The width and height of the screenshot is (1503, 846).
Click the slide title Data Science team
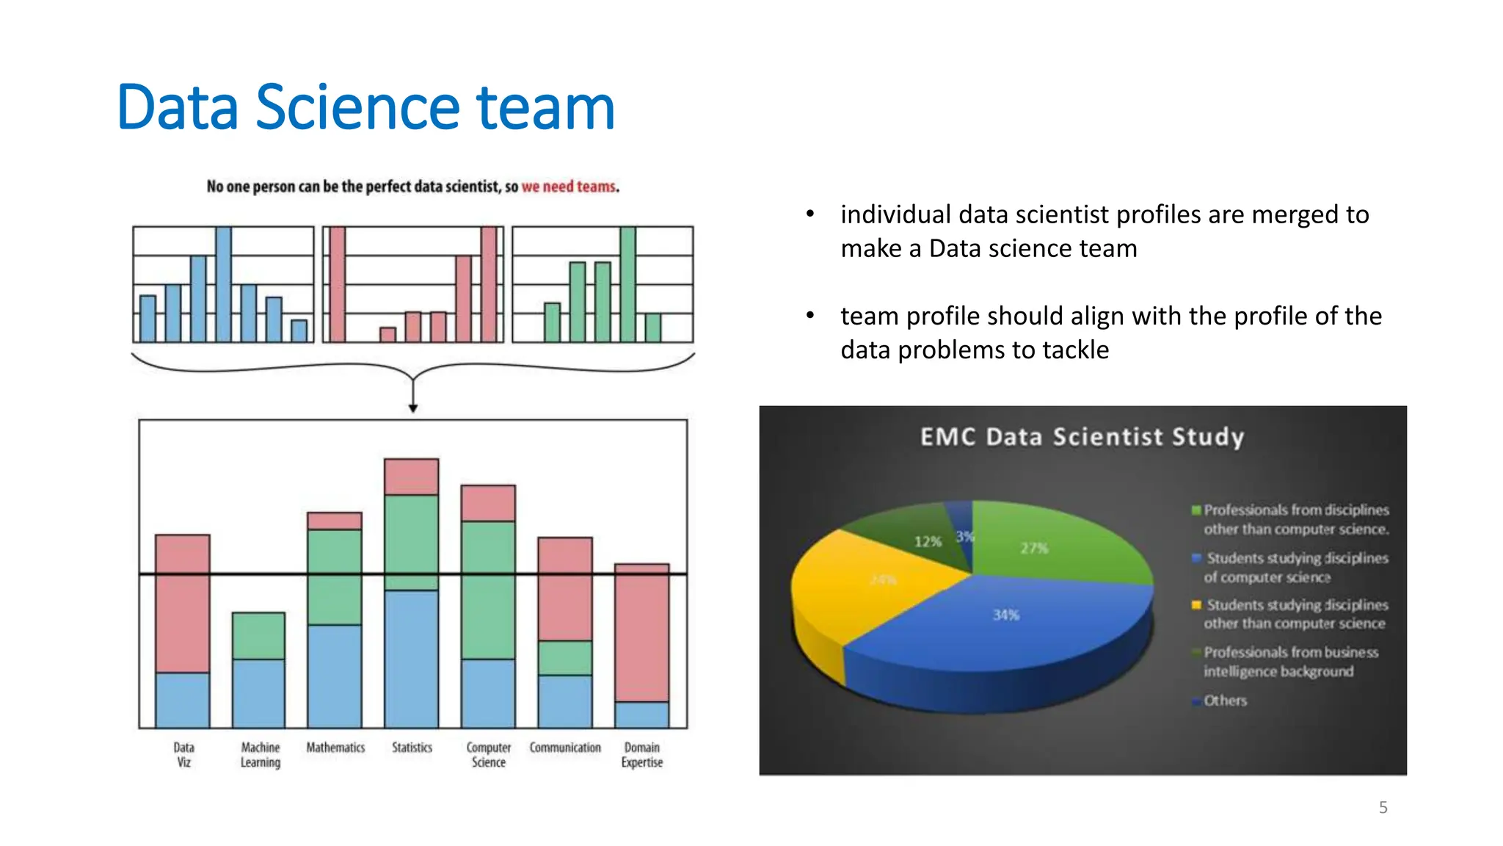pos(365,107)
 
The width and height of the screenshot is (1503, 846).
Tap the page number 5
pos(1383,807)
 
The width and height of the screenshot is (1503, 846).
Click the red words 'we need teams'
pos(569,187)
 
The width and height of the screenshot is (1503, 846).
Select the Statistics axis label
pos(412,747)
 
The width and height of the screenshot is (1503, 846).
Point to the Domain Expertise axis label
pos(641,755)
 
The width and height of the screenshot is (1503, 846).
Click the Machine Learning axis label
pos(261,755)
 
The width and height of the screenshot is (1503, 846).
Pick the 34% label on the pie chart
pos(1006,615)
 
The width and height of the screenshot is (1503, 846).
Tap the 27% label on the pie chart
pos(1034,548)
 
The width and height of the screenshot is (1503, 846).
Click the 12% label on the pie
pos(928,541)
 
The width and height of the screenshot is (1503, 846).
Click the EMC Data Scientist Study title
pos(1082,437)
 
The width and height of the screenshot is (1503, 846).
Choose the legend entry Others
pos(1224,701)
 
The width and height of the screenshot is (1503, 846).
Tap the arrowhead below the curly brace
pos(413,408)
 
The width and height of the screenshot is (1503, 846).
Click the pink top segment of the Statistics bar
pos(412,477)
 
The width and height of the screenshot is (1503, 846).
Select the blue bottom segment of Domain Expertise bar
pos(641,715)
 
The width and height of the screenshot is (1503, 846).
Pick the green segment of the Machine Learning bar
pos(258,635)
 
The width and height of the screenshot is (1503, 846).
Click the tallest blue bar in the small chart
pos(224,284)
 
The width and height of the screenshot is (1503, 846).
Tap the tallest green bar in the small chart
pos(627,284)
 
